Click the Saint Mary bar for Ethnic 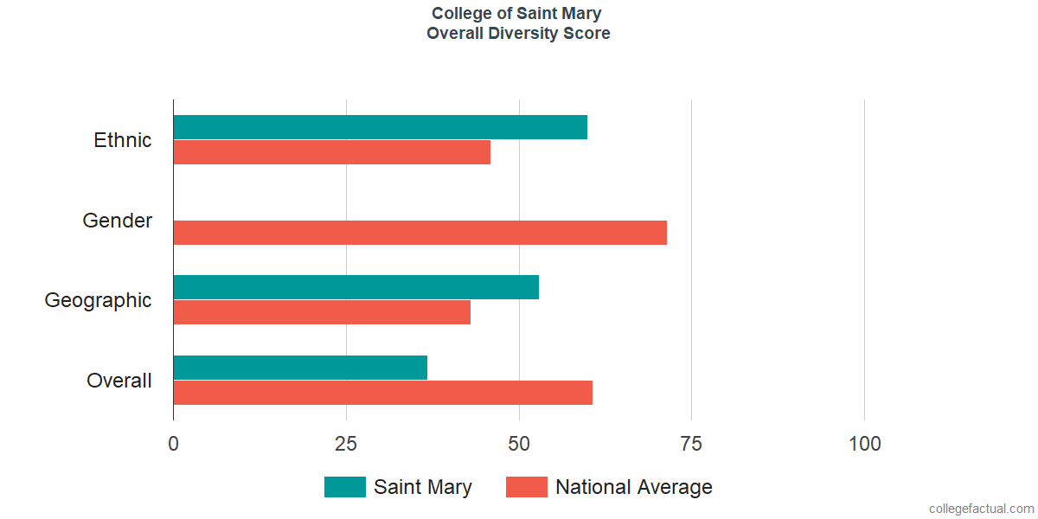point(381,127)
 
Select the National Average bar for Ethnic point(332,152)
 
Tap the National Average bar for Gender point(420,233)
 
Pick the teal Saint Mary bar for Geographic point(356,287)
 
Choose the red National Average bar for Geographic point(322,312)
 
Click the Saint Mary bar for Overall point(300,368)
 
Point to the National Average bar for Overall point(383,393)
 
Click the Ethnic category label point(123,140)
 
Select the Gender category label point(118,221)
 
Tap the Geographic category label point(99,300)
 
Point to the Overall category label point(119,381)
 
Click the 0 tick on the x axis point(174,444)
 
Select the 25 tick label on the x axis point(346,444)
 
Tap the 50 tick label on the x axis point(519,444)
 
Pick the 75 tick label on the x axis point(691,444)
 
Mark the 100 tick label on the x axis point(864,444)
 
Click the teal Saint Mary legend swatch point(345,487)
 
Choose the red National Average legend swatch point(527,487)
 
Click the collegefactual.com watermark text point(981,509)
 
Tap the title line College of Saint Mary point(517,14)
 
